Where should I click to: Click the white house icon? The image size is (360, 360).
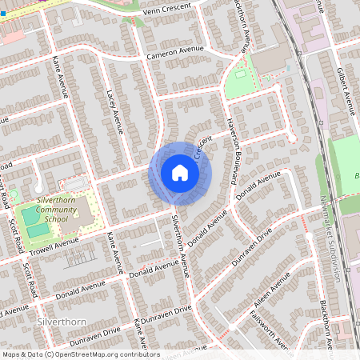pyautogui.click(x=180, y=173)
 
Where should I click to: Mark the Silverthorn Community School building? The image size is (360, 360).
pyautogui.click(x=82, y=210)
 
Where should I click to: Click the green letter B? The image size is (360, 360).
pyautogui.click(x=356, y=175)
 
